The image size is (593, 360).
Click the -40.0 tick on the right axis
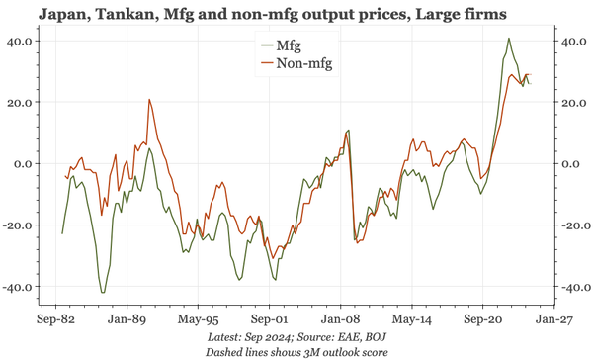click(573, 287)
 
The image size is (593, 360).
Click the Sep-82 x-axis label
click(56, 321)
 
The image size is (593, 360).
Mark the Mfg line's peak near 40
click(509, 39)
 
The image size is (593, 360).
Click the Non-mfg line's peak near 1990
click(149, 99)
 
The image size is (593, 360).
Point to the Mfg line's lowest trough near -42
click(103, 293)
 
